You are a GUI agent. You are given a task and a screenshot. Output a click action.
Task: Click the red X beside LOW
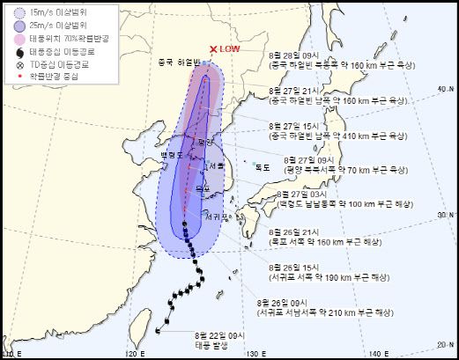point(212,50)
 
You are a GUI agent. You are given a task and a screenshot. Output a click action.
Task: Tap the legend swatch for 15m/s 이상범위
point(19,14)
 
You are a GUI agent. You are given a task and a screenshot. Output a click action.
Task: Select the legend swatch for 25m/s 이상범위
point(19,26)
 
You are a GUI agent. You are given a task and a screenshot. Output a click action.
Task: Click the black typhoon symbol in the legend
point(19,52)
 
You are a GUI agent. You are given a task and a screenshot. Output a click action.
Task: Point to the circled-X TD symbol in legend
point(19,64)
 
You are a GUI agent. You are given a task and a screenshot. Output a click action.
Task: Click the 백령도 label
point(171,154)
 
